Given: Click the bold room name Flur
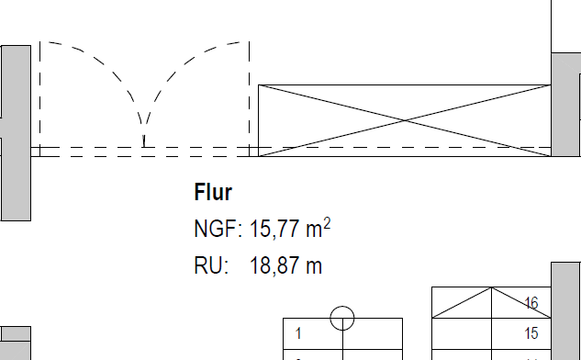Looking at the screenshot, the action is click(x=213, y=192).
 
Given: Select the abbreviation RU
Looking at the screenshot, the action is click(x=208, y=265).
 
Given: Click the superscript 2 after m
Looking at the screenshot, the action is click(x=327, y=224).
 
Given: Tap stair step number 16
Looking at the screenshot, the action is click(x=531, y=303).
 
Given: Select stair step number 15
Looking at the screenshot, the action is click(x=531, y=333).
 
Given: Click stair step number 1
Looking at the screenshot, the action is click(x=298, y=333).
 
